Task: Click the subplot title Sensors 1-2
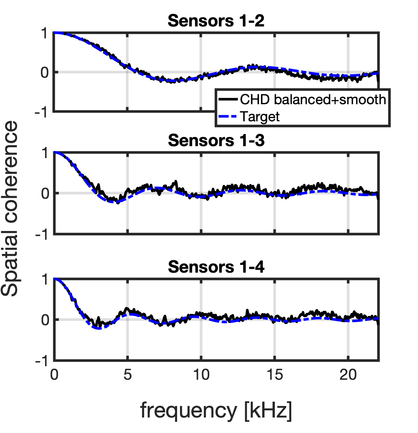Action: (216, 21)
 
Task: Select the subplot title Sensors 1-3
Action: (216, 141)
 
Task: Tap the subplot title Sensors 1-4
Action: (216, 267)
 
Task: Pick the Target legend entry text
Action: (260, 116)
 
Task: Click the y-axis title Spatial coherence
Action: (10, 208)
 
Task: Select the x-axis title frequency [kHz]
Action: (216, 410)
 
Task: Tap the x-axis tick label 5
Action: (128, 375)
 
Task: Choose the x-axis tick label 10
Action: (201, 375)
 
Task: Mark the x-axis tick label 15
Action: (274, 375)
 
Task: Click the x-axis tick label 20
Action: (348, 375)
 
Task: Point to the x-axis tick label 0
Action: (54, 375)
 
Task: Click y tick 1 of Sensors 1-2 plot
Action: (45, 33)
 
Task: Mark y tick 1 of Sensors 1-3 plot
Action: (45, 153)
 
